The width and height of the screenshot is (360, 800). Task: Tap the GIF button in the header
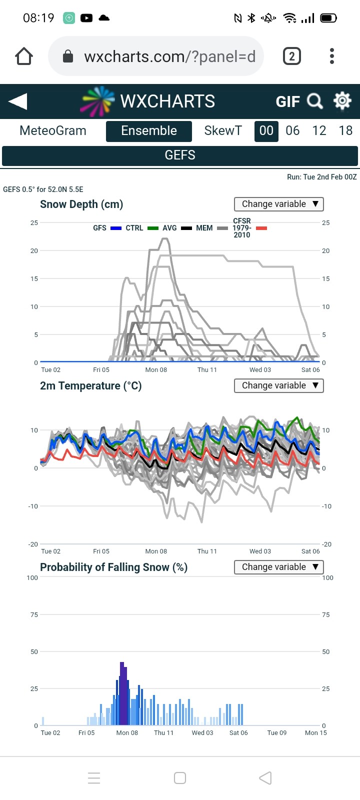tap(287, 102)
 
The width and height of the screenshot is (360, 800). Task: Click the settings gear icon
tap(342, 101)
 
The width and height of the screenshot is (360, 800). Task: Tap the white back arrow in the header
tap(18, 101)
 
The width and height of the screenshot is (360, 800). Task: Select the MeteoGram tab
tap(53, 130)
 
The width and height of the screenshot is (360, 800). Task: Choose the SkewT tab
tap(223, 130)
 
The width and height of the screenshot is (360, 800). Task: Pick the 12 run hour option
tap(319, 130)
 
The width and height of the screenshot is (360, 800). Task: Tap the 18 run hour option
tap(345, 130)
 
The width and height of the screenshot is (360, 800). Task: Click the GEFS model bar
tap(180, 155)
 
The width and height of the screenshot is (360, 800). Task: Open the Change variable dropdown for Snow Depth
tap(279, 204)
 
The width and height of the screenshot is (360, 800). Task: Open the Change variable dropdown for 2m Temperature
tap(279, 385)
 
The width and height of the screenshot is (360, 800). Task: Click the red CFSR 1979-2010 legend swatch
tap(261, 228)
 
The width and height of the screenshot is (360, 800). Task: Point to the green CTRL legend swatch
tap(153, 228)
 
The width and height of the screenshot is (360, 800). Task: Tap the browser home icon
tap(24, 56)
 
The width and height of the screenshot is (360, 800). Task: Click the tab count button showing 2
tap(292, 56)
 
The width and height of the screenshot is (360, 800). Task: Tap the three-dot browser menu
tap(332, 56)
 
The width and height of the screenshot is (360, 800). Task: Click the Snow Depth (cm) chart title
tap(81, 204)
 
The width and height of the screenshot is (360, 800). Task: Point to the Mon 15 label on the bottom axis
tap(315, 733)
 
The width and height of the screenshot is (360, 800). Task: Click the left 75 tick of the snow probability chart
tap(34, 614)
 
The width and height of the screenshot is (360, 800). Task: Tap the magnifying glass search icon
tap(315, 101)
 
